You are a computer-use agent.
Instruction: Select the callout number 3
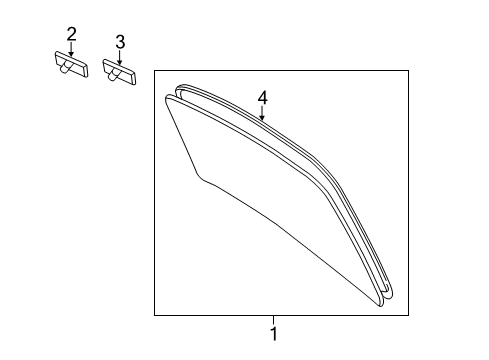(119, 42)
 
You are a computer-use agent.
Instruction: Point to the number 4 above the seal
(262, 97)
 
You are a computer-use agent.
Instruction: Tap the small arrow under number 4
(262, 113)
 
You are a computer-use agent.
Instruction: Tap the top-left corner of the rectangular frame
(154, 70)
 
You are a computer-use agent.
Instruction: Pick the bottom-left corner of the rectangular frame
(154, 315)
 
